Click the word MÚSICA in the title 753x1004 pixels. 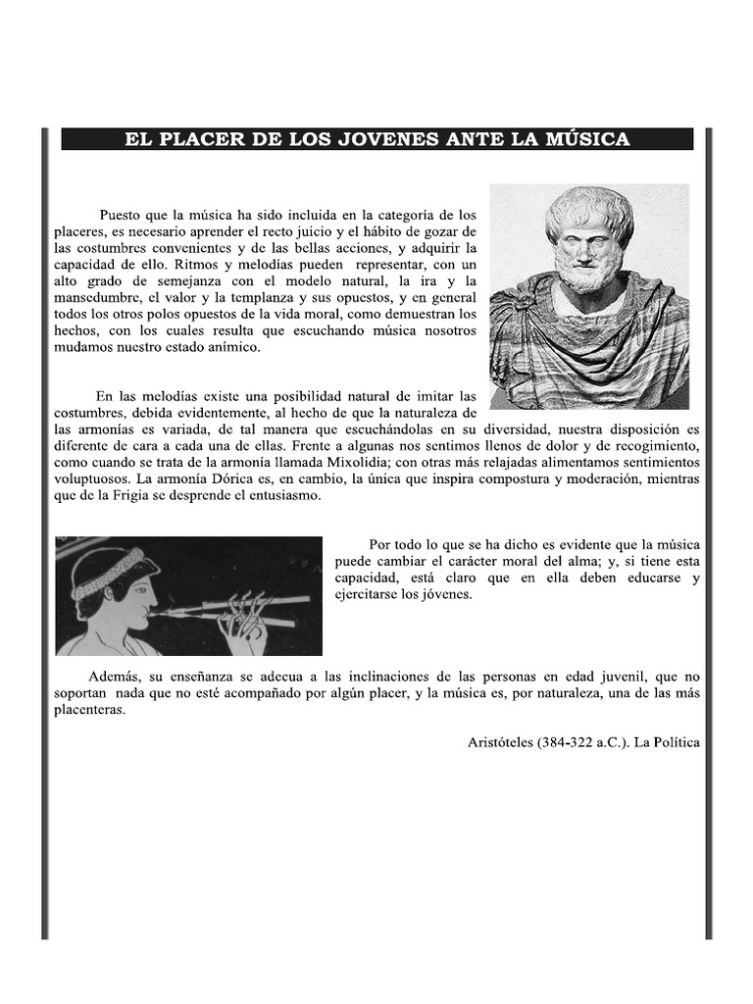pyautogui.click(x=579, y=139)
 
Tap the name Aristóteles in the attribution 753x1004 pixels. pyautogui.click(x=500, y=742)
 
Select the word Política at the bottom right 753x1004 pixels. pyautogui.click(x=677, y=742)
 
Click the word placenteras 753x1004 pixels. pyautogui.click(x=90, y=710)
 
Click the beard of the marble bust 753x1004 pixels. pyautogui.click(x=584, y=274)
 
